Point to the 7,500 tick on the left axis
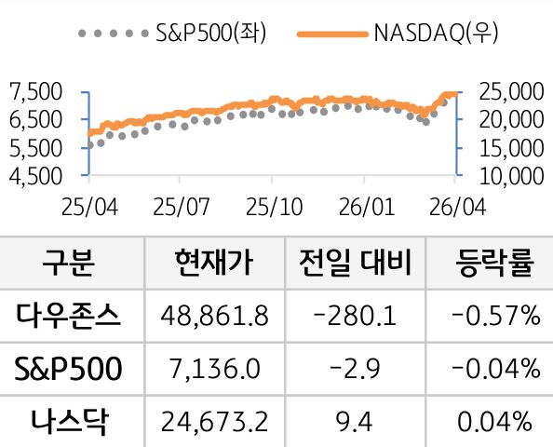34,91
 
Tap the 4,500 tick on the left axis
34,175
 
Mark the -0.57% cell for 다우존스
494,318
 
